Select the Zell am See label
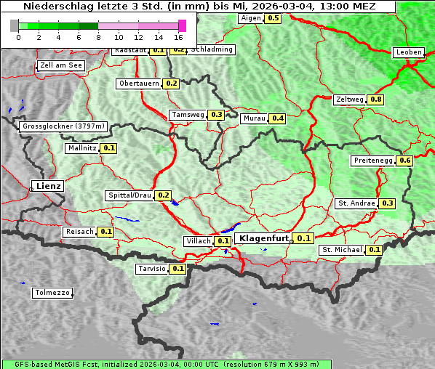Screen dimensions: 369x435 coord(61,65)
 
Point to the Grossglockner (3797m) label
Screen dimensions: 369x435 coord(64,126)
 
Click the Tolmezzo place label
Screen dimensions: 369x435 coord(52,293)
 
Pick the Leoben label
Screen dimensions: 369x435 coord(409,52)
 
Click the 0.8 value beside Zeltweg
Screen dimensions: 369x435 coord(376,100)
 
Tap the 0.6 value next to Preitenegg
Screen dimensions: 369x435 coord(404,161)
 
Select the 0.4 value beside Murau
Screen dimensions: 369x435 coord(277,118)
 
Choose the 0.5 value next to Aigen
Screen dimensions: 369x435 coord(273,18)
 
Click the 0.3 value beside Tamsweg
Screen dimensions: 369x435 coord(216,115)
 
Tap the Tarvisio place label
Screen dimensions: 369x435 coord(151,269)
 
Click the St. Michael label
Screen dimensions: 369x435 coord(342,250)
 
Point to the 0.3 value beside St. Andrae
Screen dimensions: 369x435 coord(388,203)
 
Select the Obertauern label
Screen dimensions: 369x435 coord(139,84)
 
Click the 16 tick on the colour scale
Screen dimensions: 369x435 coord(178,37)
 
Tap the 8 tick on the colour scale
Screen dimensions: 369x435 coord(98,37)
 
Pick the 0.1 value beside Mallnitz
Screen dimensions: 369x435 coord(109,148)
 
